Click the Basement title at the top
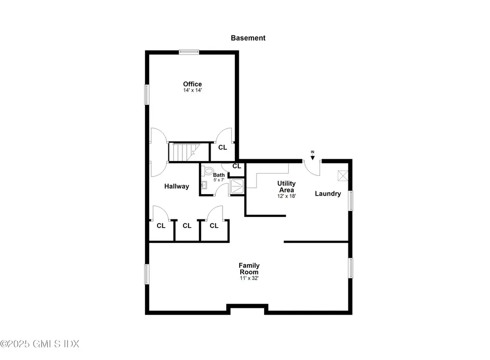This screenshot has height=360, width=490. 248,38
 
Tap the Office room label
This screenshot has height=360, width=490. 192,84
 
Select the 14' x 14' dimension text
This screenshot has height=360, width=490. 192,90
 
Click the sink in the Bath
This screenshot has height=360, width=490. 204,185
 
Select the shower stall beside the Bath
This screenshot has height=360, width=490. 237,186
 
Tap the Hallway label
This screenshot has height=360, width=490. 177,186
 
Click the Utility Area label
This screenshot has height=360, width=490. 287,186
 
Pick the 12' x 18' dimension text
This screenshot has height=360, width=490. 287,196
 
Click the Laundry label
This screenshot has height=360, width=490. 328,194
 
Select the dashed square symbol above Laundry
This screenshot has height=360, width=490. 343,175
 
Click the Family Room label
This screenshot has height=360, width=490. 250,269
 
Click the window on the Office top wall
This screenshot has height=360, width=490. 189,52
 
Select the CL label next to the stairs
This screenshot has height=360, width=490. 223,148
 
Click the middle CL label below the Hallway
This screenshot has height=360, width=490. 187,226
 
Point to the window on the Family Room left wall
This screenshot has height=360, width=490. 147,274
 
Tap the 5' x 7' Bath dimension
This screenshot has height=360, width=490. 219,180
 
